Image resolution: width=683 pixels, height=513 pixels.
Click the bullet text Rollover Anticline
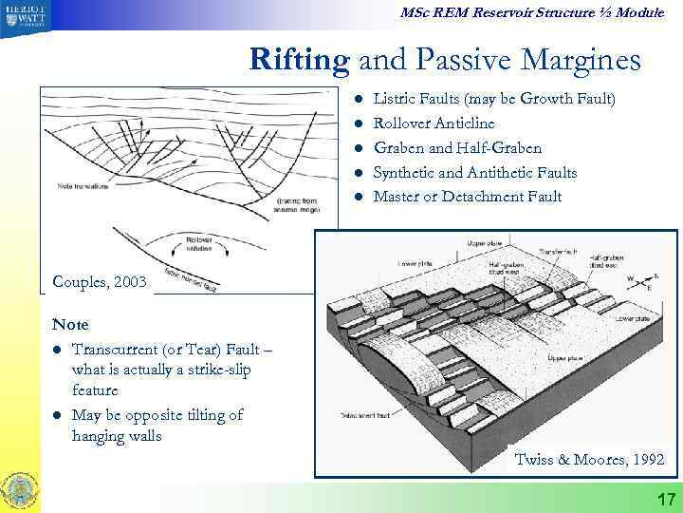click(434, 123)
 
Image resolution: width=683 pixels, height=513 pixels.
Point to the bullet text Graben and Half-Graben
click(457, 148)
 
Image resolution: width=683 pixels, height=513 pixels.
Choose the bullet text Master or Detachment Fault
click(467, 197)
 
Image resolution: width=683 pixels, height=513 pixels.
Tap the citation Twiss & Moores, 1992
click(589, 460)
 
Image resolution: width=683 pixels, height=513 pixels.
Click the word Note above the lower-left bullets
click(71, 325)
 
